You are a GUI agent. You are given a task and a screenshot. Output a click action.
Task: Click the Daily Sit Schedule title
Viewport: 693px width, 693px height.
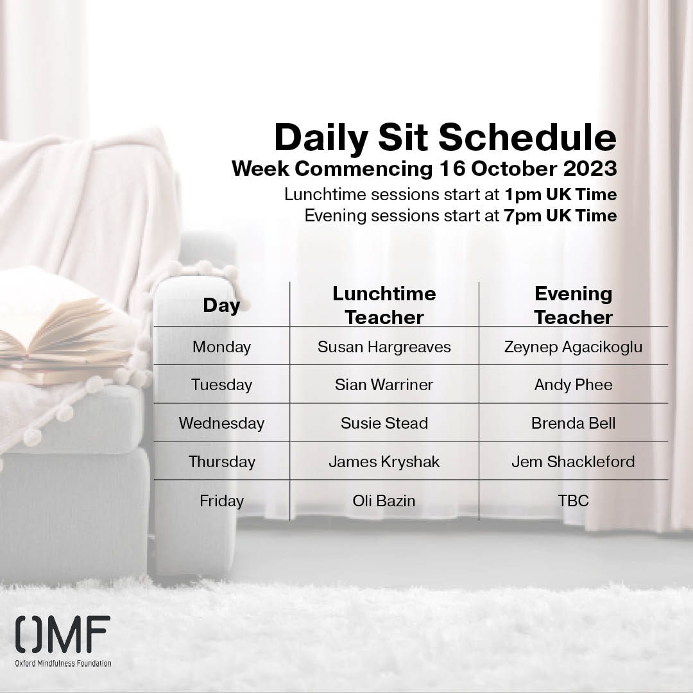445,138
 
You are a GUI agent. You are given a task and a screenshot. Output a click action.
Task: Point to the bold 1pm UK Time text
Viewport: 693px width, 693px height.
561,194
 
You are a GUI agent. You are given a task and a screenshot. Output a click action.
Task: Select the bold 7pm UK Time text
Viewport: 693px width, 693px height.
561,216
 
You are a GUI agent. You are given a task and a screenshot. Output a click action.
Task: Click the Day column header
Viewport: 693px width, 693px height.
221,305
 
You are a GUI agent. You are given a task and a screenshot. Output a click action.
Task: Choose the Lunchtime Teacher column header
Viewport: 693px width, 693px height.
384,305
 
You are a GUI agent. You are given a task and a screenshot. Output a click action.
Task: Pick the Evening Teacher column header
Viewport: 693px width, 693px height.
573,305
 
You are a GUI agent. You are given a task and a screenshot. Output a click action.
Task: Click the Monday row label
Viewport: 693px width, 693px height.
221,347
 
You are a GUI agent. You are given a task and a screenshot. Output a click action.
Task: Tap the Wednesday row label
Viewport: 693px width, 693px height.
221,424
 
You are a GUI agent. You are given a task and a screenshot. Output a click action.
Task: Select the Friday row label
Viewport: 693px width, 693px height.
221,501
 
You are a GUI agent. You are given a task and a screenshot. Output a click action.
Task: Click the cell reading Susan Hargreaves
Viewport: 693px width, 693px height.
384,347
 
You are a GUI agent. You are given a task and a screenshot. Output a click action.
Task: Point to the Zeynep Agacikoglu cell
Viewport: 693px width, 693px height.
573,347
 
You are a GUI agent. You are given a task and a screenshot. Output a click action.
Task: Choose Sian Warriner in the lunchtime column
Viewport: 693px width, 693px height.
384,385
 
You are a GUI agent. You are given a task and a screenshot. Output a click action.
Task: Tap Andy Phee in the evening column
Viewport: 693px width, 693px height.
573,385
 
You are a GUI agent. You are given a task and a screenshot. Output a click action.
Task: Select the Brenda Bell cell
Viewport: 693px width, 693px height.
573,424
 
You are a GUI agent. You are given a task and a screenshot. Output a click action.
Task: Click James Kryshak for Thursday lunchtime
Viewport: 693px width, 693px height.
384,462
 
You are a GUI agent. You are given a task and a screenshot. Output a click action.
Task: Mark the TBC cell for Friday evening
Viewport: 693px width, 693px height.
573,501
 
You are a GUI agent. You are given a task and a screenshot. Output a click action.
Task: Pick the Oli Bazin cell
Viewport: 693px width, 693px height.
384,501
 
